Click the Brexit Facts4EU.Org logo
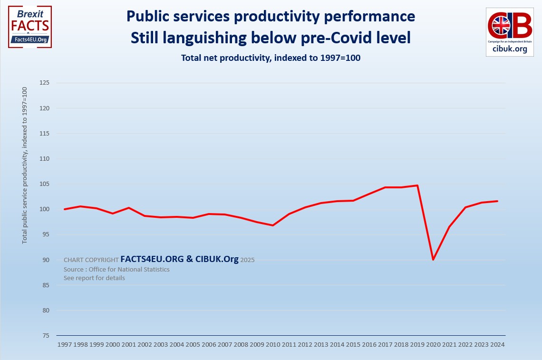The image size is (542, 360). tap(29, 27)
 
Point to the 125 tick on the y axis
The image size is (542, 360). tap(45, 83)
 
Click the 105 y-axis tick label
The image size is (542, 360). tap(45, 184)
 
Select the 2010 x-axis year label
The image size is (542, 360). tap(272, 344)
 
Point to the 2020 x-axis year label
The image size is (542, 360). tap(433, 344)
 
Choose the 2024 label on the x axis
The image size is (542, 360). tap(497, 344)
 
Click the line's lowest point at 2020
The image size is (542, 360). tap(433, 260)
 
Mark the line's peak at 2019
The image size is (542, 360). tap(417, 185)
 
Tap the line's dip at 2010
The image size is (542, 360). tap(272, 225)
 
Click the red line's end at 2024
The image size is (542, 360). tap(497, 201)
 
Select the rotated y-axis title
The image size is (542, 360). tap(25, 165)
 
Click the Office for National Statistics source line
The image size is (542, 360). tap(116, 269)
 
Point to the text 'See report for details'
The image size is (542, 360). tap(94, 278)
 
